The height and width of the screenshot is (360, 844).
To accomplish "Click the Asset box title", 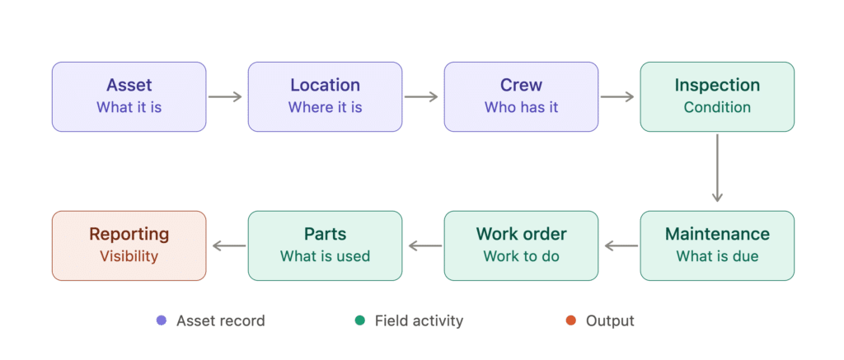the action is pos(129,85).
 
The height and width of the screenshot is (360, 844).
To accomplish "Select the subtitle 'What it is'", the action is pos(129,107).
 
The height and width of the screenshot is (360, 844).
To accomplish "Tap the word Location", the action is pos(325,85).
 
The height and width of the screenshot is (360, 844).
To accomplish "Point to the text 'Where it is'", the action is pos(325,107).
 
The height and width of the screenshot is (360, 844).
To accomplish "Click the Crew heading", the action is pos(521,85).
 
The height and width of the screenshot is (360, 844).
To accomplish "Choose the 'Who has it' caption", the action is pos(521,107).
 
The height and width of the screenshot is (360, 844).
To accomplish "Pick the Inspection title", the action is pos(717,85).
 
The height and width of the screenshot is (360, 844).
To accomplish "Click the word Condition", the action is pos(717,107).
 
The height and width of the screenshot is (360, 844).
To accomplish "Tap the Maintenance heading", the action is pos(717,234).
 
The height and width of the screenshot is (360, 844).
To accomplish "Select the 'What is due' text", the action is pos(717,256).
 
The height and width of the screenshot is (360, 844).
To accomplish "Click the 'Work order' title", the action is pos(521,234).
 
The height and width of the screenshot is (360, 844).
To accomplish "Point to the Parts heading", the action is pos(325,234).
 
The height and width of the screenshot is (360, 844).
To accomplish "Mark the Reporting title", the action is pos(129,234).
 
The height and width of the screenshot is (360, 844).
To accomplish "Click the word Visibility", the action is pos(129,256).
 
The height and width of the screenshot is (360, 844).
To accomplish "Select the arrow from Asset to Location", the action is pos(225,97).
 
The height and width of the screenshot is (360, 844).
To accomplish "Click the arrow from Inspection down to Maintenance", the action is pos(717,168).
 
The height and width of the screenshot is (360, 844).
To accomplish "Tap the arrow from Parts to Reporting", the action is pos(229,246).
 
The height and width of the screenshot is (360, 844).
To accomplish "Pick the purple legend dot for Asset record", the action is pos(161,320).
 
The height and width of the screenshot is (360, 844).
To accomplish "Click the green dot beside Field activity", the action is pos(359,320).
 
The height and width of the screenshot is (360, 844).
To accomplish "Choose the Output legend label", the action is pos(610,321).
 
